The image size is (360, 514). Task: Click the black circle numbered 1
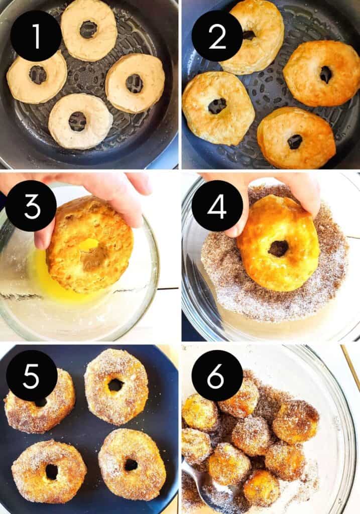point(36,36)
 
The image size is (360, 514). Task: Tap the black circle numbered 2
point(217,36)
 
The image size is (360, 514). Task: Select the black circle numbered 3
point(31,206)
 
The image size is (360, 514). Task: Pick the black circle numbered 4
point(217,206)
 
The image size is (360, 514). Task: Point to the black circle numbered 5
point(31,375)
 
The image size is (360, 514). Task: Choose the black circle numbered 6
point(217,375)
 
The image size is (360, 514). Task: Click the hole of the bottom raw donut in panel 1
point(77,121)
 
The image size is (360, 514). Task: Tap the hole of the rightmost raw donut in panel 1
point(134,83)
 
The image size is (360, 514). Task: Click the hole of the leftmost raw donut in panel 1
point(38,75)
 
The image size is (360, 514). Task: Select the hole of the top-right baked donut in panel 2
point(326,75)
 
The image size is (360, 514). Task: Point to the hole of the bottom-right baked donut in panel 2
point(295,142)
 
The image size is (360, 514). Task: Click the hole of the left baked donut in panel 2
point(217,106)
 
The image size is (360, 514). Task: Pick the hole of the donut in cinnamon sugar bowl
point(278,248)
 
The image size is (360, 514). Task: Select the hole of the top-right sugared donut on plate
point(115,385)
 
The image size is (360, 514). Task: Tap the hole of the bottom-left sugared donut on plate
point(51,471)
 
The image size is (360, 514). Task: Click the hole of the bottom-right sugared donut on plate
point(131,465)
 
